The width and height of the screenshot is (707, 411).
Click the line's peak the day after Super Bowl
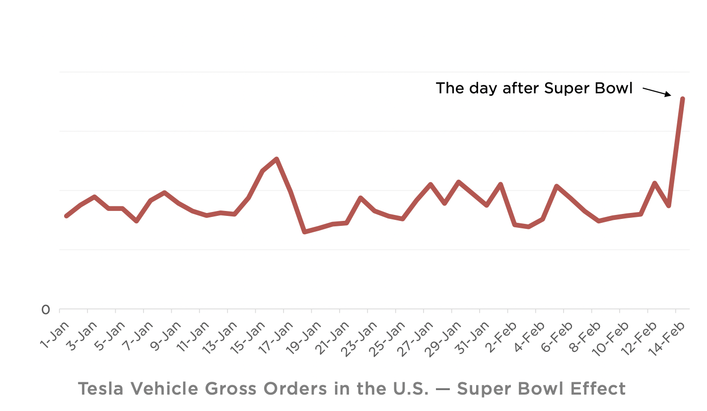tap(683, 99)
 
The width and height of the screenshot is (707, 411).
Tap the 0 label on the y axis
tap(46, 310)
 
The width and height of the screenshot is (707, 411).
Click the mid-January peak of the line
tap(277, 159)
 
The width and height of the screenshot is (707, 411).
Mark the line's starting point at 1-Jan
tap(66, 216)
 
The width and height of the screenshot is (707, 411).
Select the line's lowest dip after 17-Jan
tap(305, 232)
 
